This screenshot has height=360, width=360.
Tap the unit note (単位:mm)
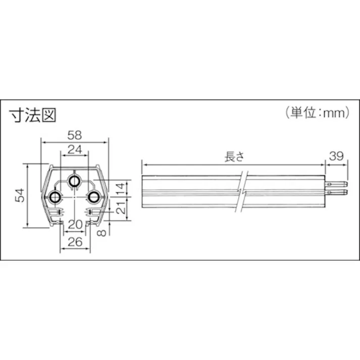pyautogui.click(x=317, y=113)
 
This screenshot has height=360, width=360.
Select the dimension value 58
pyautogui.click(x=74, y=135)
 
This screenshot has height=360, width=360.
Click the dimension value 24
pyautogui.click(x=74, y=149)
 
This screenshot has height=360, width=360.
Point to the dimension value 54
pyautogui.click(x=19, y=195)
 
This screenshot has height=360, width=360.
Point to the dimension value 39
pyautogui.click(x=336, y=157)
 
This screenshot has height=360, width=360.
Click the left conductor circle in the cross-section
pyautogui.click(x=55, y=197)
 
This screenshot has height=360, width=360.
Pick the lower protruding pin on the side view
pyautogui.click(x=336, y=191)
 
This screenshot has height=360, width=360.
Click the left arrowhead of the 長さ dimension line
pyautogui.click(x=144, y=164)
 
